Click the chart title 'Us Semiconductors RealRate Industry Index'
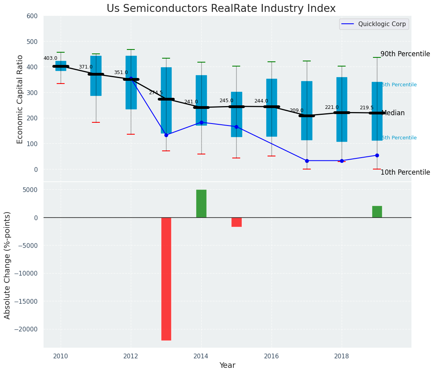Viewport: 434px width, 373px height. point(221,9)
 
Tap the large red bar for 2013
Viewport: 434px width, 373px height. point(166,279)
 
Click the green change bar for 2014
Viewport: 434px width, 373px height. point(201,204)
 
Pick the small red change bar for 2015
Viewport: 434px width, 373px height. point(237,222)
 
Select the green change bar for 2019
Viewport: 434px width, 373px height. point(377,212)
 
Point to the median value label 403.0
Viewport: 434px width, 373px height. point(50,58)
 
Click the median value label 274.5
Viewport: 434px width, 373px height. point(156,93)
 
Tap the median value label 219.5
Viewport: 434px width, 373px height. point(367,108)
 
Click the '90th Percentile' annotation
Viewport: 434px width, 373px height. point(405,54)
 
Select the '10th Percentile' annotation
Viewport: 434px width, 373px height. point(405,172)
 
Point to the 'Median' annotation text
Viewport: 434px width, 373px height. point(393,113)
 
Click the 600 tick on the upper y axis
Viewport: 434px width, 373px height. point(32,16)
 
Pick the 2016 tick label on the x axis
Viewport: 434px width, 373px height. point(271,356)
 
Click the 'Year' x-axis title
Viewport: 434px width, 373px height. point(228,365)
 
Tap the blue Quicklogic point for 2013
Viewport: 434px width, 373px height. point(166,135)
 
